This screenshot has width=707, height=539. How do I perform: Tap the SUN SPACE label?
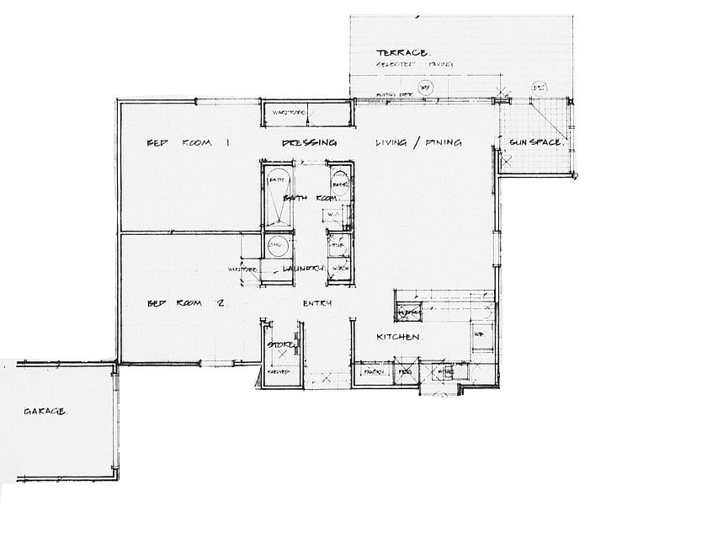pyautogui.click(x=535, y=142)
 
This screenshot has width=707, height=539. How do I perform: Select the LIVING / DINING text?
pyautogui.click(x=418, y=142)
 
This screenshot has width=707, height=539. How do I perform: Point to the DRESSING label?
pyautogui.click(x=309, y=142)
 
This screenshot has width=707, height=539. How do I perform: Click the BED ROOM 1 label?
pyautogui.click(x=188, y=143)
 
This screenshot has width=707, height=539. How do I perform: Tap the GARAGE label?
pyautogui.click(x=45, y=412)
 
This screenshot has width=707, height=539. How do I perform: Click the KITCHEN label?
pyautogui.click(x=398, y=337)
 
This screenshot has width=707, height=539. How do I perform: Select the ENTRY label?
pyautogui.click(x=317, y=303)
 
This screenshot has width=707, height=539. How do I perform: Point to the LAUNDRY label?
pyautogui.click(x=303, y=269)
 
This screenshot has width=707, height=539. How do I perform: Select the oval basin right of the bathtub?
pyautogui.click(x=340, y=182)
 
